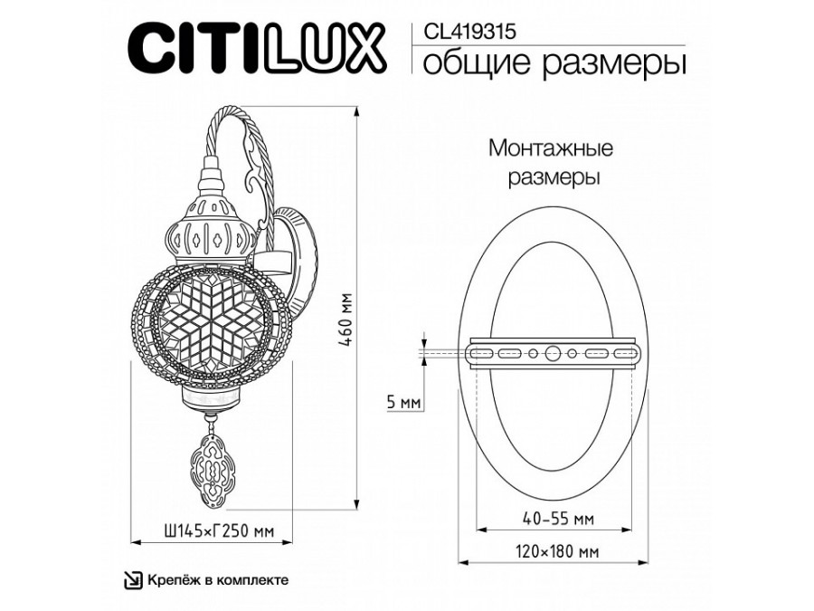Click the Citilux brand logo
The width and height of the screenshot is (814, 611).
257,50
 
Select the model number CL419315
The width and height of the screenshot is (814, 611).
470,33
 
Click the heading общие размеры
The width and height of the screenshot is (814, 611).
554,63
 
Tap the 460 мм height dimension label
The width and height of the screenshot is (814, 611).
345,320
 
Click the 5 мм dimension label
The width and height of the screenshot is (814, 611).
404,403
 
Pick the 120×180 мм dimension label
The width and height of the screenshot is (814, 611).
557,551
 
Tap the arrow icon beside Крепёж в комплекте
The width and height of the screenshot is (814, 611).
133,580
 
